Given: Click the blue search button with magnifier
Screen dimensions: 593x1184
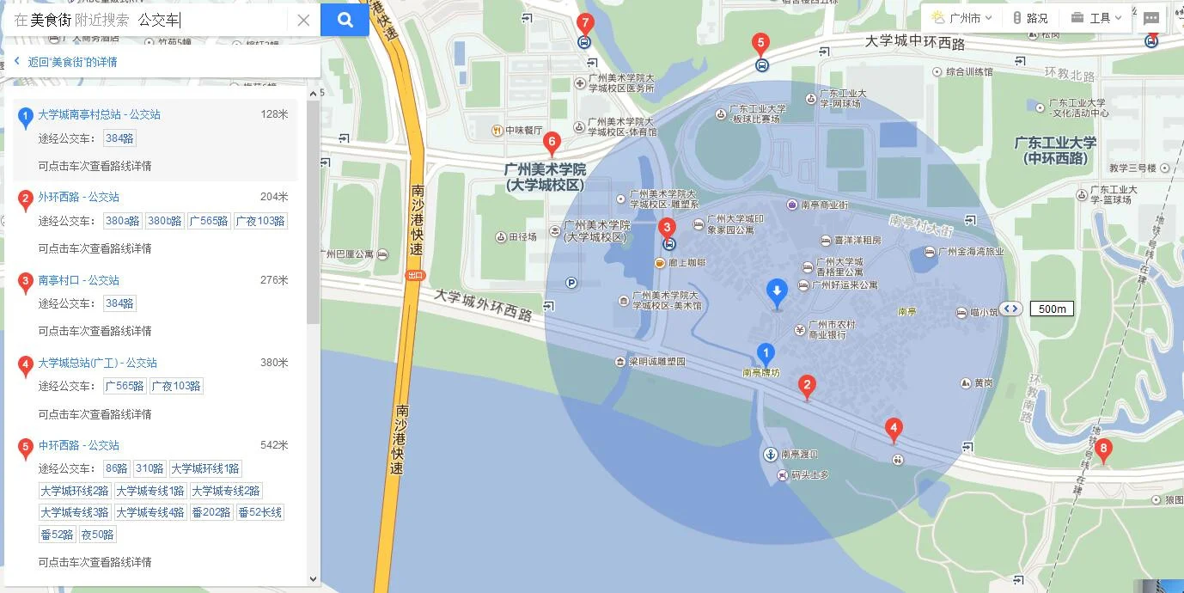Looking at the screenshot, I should tap(345, 20).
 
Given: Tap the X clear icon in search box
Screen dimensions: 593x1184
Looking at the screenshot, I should tap(303, 21).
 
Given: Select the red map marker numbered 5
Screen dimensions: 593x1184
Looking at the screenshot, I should tap(760, 43).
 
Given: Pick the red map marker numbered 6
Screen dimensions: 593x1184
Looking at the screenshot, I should tap(552, 143).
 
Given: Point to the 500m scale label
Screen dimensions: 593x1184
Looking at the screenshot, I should tap(1052, 309).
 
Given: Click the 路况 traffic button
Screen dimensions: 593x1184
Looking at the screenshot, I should tap(1031, 18).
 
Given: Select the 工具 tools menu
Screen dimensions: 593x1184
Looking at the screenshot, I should tap(1097, 18).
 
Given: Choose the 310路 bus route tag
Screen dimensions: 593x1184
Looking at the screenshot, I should tap(149, 468).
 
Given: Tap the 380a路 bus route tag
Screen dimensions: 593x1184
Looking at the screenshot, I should tap(122, 221).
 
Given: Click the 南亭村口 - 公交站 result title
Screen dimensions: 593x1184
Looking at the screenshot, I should tap(78, 280).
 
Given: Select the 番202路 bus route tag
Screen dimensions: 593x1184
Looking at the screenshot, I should tap(211, 512).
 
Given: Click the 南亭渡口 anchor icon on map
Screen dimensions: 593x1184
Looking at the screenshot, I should tap(770, 454).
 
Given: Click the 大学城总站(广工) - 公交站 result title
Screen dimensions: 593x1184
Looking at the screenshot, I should tap(97, 363).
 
